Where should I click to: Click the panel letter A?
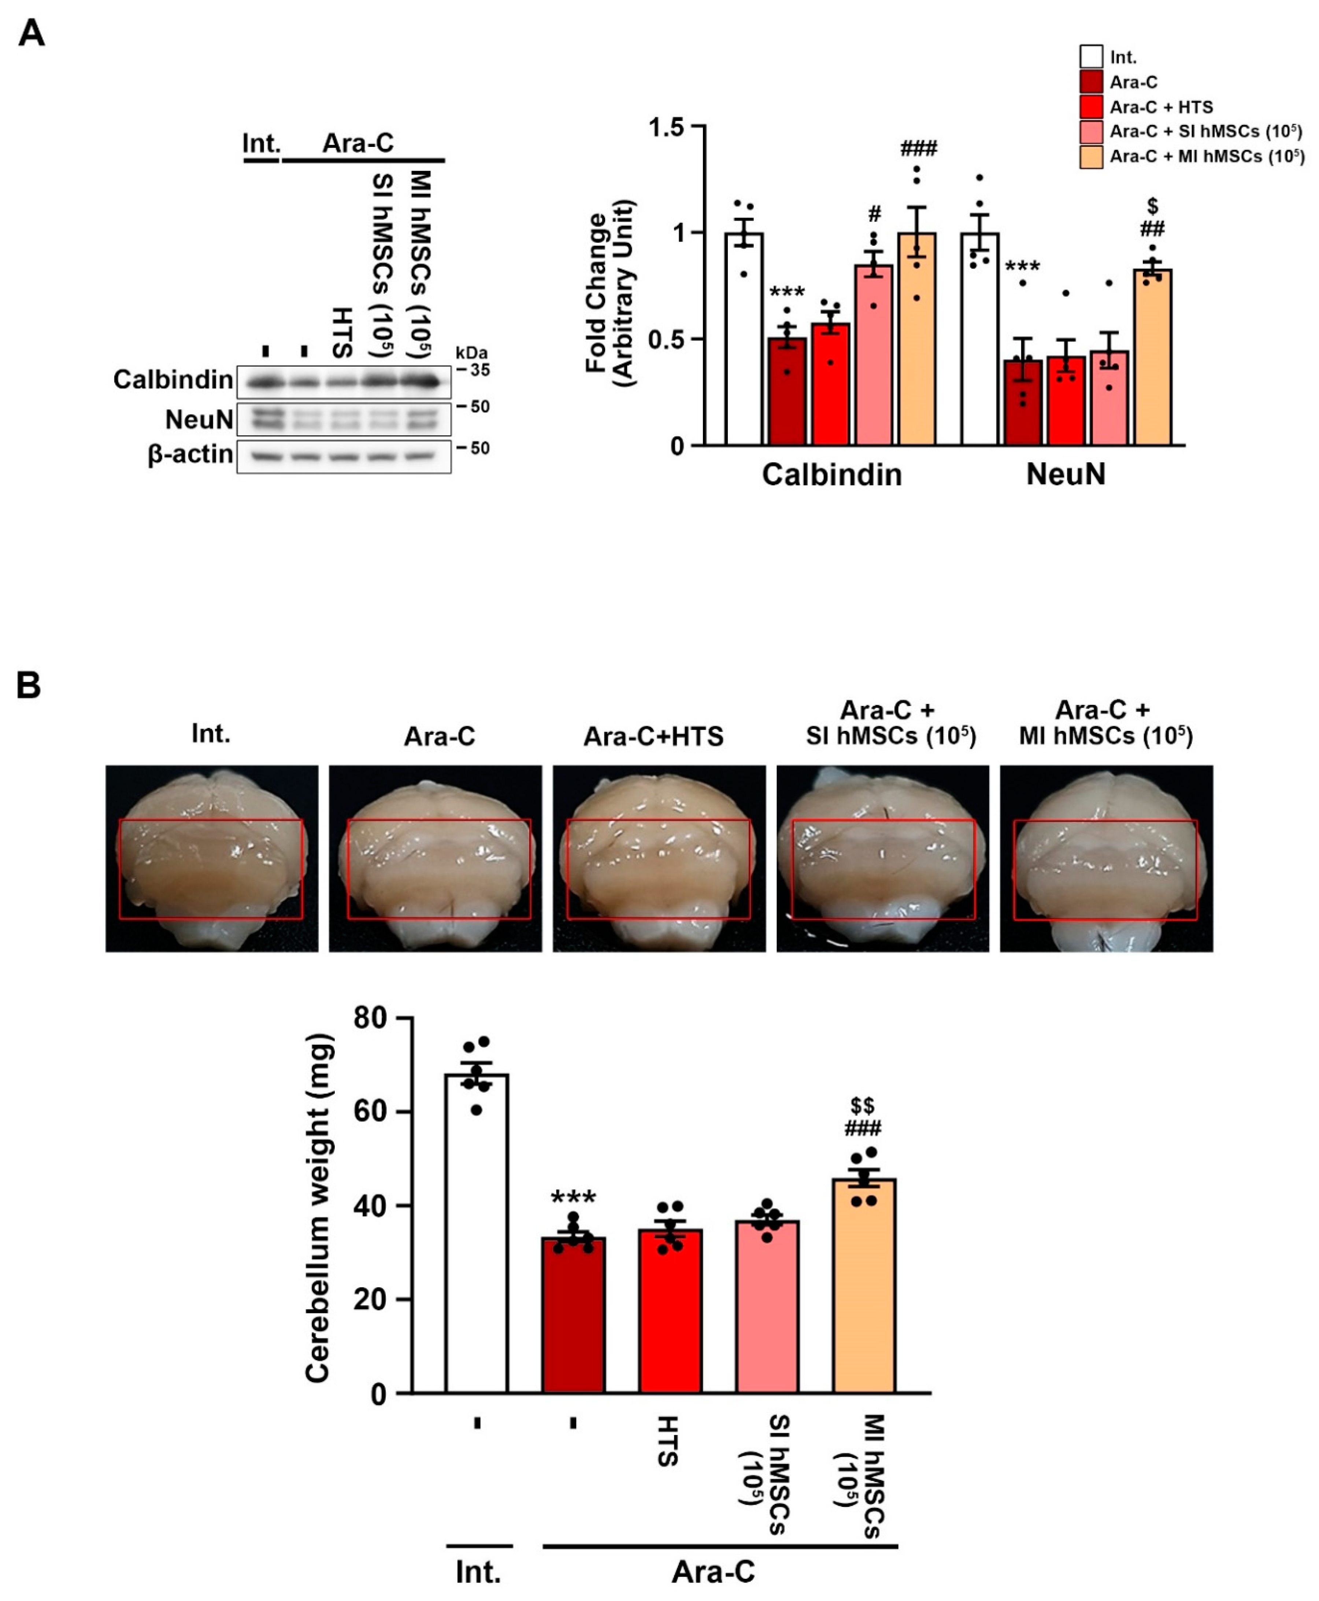click(31, 33)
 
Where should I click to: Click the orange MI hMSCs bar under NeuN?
click(1153, 357)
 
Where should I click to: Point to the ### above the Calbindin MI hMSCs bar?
click(919, 148)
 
